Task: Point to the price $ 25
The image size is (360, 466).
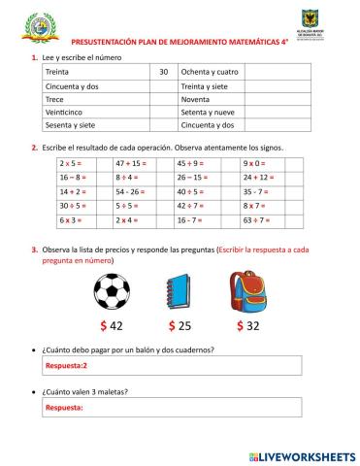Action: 181,326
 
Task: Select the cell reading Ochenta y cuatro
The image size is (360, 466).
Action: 211,72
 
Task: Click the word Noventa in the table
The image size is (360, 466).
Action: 196,99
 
